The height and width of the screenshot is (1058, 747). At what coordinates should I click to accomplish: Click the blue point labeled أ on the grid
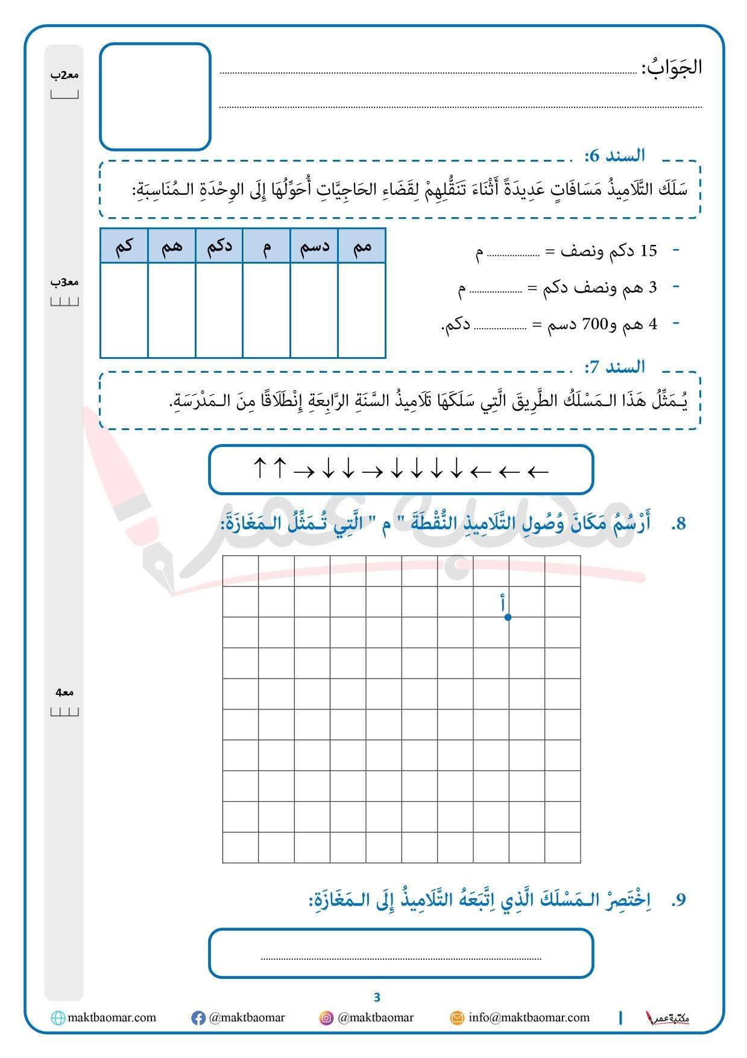508,617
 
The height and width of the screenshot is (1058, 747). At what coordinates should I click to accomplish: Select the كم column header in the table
124,246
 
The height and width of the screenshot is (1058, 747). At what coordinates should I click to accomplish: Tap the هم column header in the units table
171,246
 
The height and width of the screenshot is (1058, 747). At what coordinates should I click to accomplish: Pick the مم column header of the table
362,246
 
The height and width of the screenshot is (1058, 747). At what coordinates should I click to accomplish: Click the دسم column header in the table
314,246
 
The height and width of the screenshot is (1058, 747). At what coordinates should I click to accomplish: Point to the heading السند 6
614,156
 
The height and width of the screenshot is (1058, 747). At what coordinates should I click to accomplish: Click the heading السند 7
614,367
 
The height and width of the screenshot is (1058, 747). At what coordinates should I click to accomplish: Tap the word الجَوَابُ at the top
672,67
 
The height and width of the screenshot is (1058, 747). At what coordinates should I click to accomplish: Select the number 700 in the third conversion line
593,325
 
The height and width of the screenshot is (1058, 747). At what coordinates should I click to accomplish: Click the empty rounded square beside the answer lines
155,97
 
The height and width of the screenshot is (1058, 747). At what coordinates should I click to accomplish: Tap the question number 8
679,524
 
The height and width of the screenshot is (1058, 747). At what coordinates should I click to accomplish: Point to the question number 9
679,900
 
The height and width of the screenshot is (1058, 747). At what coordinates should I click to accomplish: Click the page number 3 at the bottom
377,997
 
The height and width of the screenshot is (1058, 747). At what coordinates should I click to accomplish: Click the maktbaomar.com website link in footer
112,1018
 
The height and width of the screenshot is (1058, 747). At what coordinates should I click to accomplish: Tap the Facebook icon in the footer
198,1018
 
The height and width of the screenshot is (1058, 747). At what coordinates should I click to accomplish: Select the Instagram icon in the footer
326,1018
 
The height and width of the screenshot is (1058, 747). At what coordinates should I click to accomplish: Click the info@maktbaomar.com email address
529,1018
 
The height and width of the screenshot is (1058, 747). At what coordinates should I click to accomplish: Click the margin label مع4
65,692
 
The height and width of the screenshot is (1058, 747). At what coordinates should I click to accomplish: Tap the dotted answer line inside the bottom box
401,958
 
